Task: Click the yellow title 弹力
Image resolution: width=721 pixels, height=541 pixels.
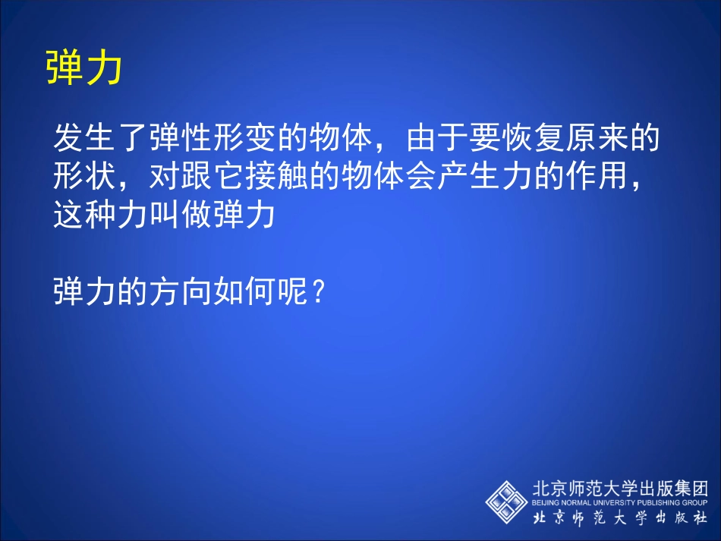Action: [83, 69]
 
